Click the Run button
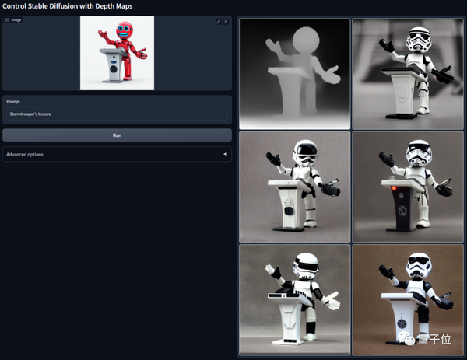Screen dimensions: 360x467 coord(117,135)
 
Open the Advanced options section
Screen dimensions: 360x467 coord(117,154)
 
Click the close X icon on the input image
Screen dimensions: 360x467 coord(226,22)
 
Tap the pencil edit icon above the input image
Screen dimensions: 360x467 coord(219,22)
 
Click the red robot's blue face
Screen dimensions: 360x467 coord(123,32)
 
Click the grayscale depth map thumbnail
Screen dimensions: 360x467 coord(294,73)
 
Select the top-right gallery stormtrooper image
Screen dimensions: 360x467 coord(407,73)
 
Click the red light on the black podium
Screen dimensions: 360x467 coord(395,187)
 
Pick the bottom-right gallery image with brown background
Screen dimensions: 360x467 coord(407,300)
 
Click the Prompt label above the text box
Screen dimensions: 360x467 coord(15,102)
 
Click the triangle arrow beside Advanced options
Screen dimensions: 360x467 coord(226,154)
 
